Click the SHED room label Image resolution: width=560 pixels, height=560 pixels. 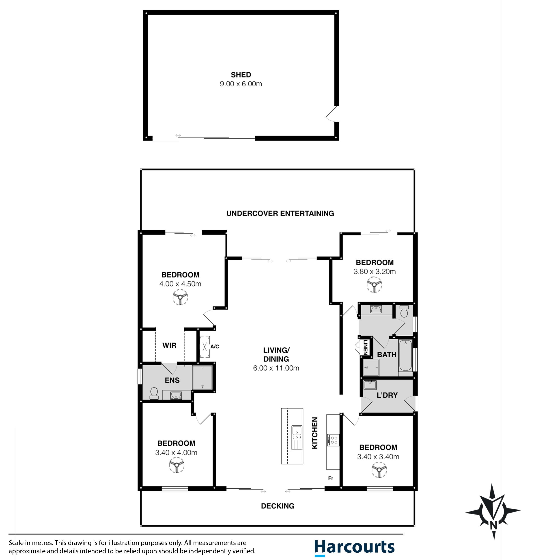point(241,75)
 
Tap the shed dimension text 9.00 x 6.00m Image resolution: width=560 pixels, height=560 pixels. point(241,84)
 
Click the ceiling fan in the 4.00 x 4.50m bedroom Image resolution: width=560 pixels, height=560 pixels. point(180,297)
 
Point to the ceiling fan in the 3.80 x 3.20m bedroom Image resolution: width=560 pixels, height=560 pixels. point(374,285)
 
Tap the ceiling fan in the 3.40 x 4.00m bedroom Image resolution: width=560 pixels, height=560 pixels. point(177,465)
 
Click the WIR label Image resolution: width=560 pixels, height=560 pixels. point(169,345)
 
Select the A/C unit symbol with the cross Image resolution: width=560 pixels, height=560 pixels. point(205,347)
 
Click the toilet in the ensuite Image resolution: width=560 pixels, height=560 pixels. point(154,394)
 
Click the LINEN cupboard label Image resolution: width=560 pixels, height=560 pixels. point(366,347)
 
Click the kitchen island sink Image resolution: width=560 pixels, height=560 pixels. point(297,433)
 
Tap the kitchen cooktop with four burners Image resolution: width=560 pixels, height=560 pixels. point(333,440)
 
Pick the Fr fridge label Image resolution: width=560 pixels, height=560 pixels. point(331,478)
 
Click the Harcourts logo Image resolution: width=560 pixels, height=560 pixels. point(355,547)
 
